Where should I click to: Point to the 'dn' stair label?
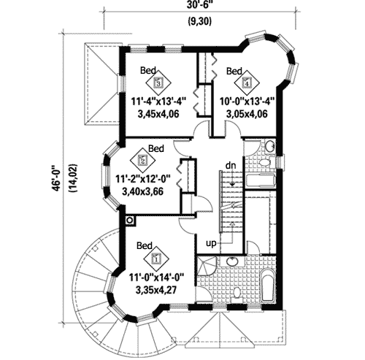231,164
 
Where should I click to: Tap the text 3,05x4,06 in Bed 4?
244,114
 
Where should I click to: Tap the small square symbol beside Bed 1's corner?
130,218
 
